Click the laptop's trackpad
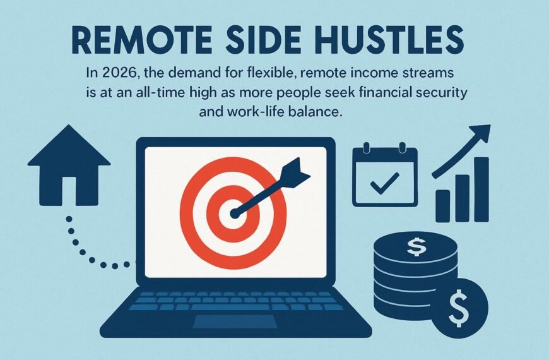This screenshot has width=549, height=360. point(234,321)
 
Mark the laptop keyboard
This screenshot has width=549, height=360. point(234,301)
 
